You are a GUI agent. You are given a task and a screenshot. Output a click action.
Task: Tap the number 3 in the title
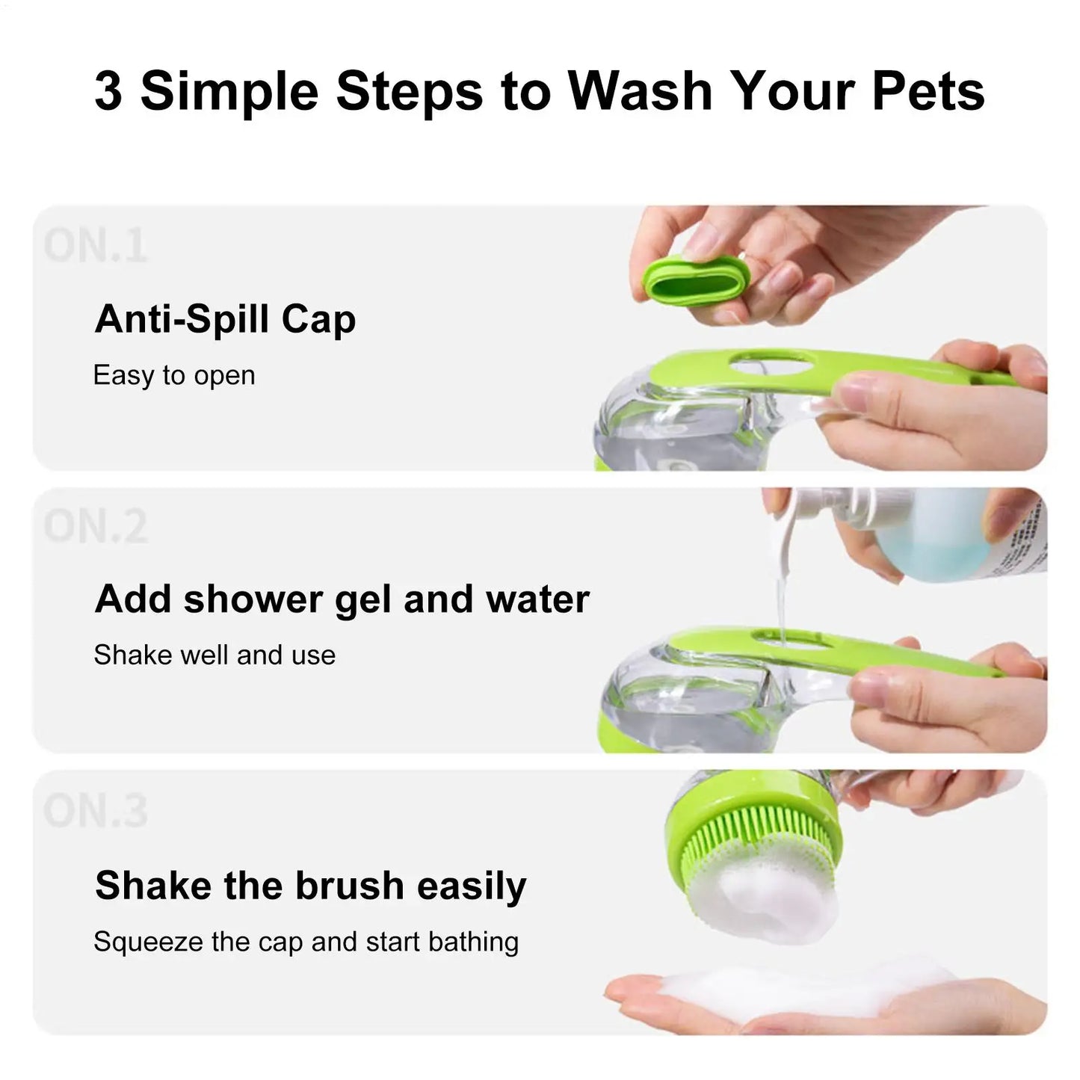(108, 91)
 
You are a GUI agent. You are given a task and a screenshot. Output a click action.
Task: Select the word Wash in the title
(640, 91)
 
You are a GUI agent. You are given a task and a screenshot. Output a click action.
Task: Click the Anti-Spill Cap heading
(225, 319)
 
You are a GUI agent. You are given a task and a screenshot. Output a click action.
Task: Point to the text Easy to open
(174, 375)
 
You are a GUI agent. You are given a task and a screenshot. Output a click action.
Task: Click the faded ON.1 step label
(95, 246)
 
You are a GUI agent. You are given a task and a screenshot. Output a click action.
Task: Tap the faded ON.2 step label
(95, 527)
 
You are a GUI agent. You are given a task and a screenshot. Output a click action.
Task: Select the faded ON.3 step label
(95, 811)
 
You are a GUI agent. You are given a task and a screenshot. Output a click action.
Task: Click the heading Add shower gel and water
(342, 599)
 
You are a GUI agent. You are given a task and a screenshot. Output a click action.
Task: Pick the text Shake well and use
(215, 655)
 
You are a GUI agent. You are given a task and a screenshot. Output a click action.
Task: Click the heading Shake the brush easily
(311, 886)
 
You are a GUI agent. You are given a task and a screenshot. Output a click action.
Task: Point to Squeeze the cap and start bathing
(306, 942)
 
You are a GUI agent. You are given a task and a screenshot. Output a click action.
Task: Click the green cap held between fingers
(694, 285)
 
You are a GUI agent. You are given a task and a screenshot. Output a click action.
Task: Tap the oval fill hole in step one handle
(771, 365)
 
